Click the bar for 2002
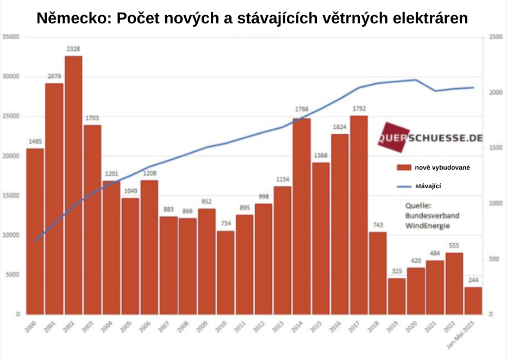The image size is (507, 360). [x=73, y=185]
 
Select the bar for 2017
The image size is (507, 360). [x=359, y=215]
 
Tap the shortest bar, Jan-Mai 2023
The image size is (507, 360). [x=473, y=301]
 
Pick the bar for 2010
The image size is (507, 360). [x=226, y=272]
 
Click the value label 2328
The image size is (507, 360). [x=73, y=49]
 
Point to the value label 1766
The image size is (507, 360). [x=302, y=109]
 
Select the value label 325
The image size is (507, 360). [x=397, y=271]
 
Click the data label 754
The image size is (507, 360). [x=226, y=224]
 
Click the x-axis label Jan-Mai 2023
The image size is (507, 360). [x=468, y=334]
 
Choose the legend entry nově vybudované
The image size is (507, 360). [x=441, y=167]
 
